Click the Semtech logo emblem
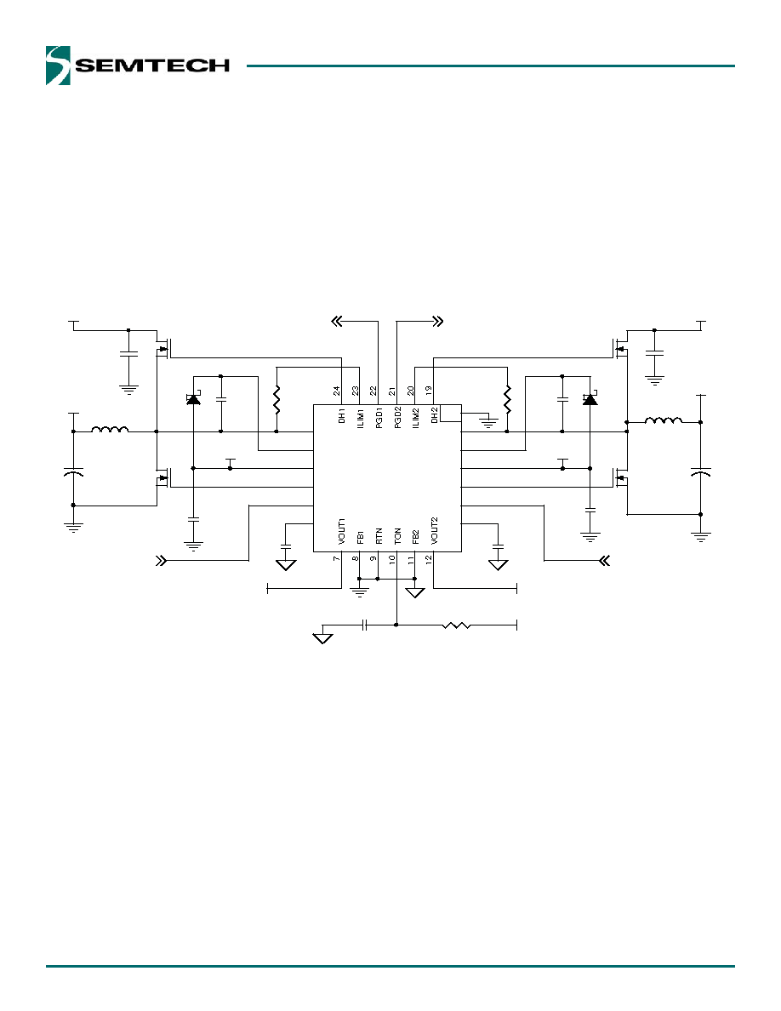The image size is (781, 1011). [58, 66]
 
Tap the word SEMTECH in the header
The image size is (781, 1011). [153, 66]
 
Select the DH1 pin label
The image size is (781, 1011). [342, 416]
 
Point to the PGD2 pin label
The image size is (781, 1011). [397, 416]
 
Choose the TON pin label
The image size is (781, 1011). [397, 536]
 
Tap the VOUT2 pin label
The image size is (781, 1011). [435, 530]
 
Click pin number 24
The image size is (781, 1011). [337, 391]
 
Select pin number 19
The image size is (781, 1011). [429, 391]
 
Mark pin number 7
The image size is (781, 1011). [337, 558]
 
